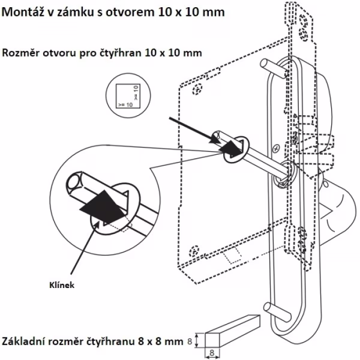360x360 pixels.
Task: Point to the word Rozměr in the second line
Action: [23, 53]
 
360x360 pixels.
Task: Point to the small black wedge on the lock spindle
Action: [230, 146]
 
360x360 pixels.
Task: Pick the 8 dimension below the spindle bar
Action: [212, 355]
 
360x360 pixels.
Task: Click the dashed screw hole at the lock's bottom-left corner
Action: [194, 251]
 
